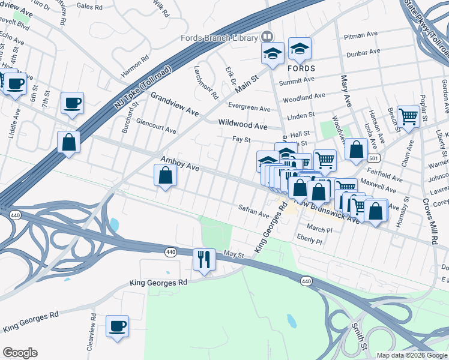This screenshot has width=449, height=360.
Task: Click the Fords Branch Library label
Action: tap(219, 38)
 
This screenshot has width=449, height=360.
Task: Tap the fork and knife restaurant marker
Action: tap(203, 259)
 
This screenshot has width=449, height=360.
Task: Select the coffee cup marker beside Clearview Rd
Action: tap(118, 326)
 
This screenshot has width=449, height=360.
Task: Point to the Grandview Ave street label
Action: tap(174, 104)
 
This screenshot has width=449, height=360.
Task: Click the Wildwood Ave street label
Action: tap(243, 126)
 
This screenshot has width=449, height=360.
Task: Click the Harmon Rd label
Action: tap(135, 67)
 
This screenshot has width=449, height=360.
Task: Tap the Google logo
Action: tap(20, 352)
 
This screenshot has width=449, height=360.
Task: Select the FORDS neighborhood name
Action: tap(309, 68)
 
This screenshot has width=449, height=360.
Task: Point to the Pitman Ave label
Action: tap(359, 37)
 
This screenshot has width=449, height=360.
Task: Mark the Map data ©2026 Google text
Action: tap(412, 355)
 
